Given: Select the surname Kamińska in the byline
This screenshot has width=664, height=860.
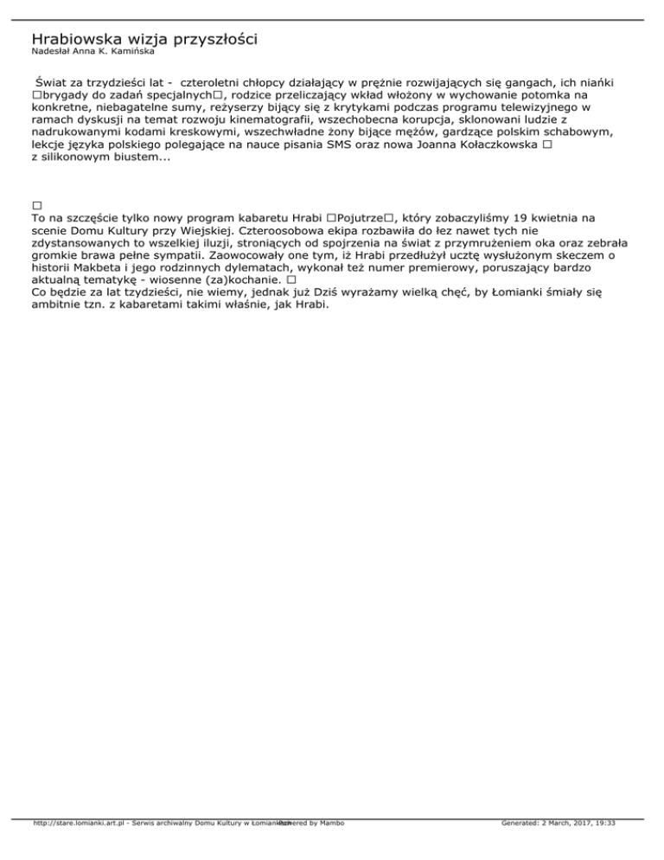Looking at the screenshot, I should [x=131, y=51].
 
